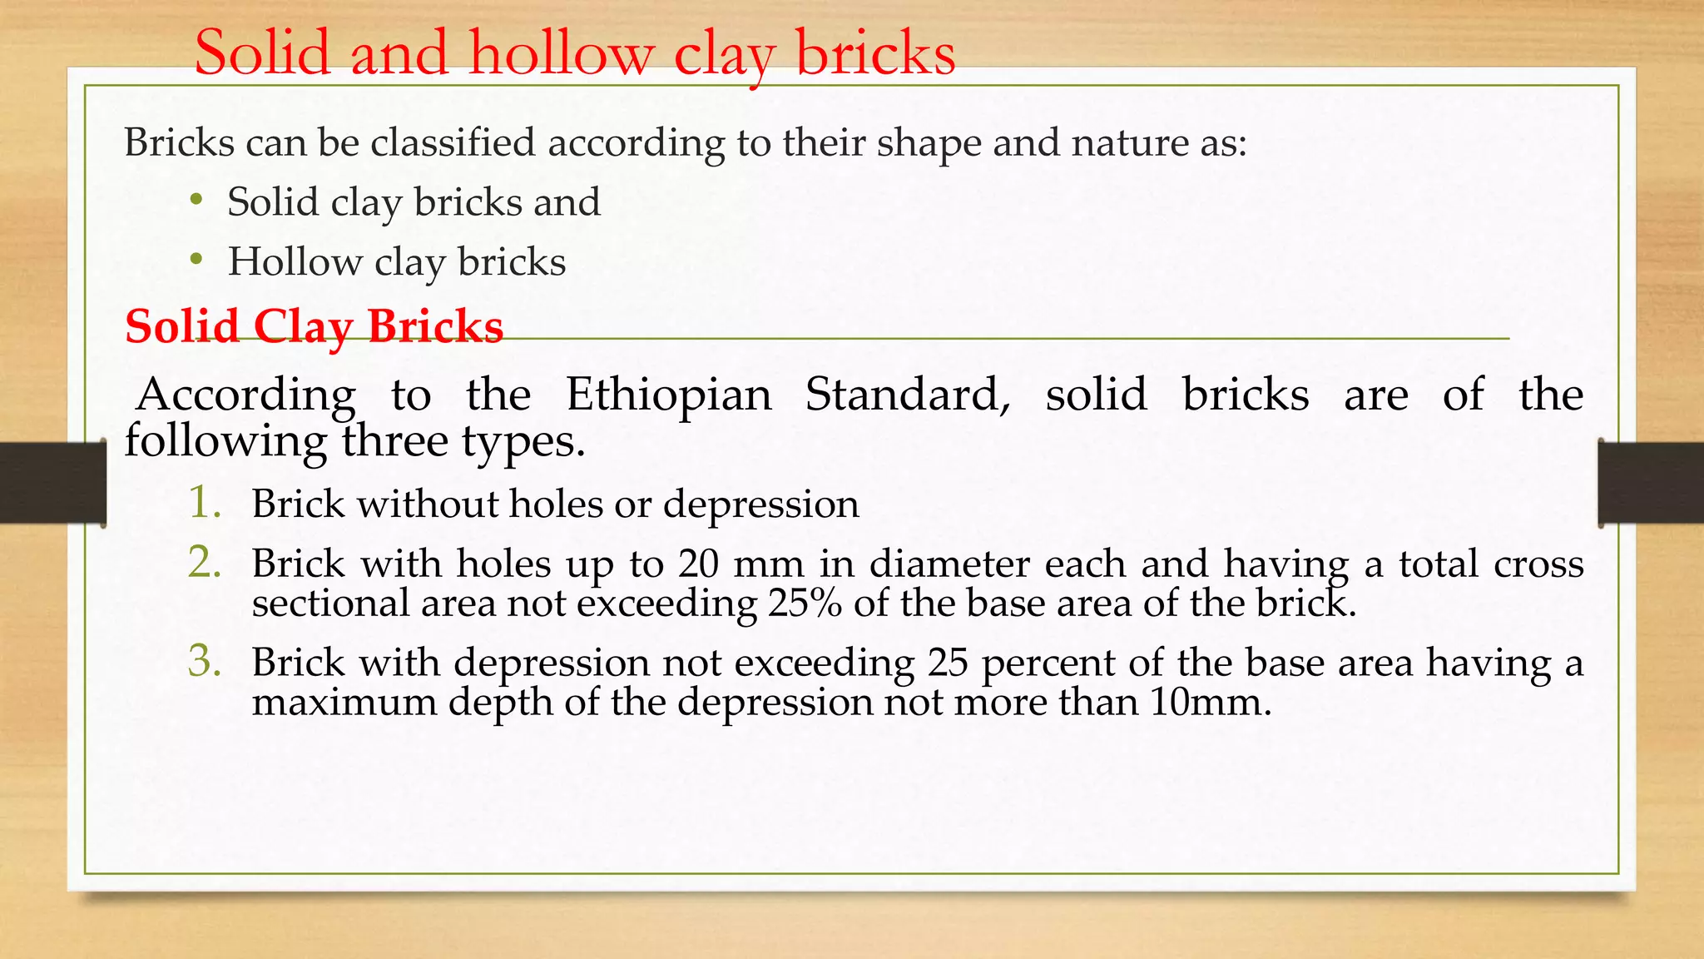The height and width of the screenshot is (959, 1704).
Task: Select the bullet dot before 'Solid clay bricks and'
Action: click(196, 200)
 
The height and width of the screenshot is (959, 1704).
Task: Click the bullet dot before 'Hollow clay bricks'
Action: click(196, 260)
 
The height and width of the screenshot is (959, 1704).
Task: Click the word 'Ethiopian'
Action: click(669, 395)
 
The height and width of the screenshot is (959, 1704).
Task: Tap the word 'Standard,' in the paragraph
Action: click(908, 395)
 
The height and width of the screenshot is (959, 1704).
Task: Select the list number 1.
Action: click(205, 503)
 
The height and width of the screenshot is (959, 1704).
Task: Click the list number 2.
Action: click(205, 563)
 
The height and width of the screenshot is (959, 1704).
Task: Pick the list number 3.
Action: click(205, 662)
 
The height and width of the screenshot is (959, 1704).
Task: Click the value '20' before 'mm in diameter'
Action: click(699, 564)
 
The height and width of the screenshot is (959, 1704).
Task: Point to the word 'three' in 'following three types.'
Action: click(395, 441)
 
